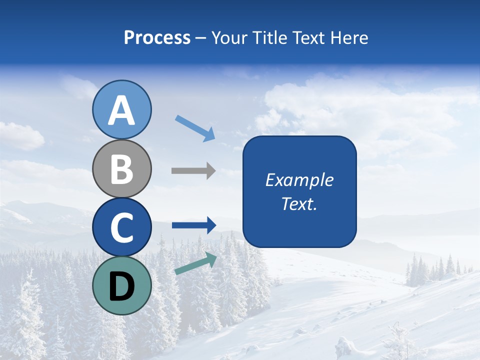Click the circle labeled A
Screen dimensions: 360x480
tap(122, 110)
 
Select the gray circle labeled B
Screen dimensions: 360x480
tap(122, 169)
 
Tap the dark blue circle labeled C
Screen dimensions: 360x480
tap(122, 227)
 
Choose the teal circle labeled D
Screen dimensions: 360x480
tap(122, 285)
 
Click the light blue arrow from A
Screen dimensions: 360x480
tap(195, 127)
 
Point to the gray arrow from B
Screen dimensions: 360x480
tap(193, 171)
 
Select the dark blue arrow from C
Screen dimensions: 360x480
tap(194, 225)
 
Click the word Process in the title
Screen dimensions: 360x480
tap(157, 38)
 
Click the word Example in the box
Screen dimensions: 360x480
tap(299, 180)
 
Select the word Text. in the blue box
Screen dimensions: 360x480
tap(299, 203)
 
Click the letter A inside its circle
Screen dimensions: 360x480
tap(122, 111)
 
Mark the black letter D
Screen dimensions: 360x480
tap(122, 286)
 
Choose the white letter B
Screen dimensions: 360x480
tap(122, 169)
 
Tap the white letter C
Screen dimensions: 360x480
tap(122, 228)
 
